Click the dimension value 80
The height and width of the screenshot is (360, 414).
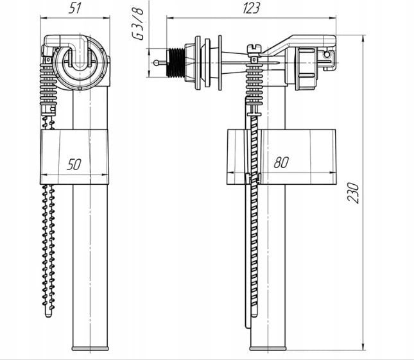coord(280,163)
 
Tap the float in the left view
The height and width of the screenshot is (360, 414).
coord(74,156)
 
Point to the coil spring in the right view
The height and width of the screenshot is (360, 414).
coord(254,82)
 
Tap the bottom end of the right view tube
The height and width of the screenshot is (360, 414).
coord(268,348)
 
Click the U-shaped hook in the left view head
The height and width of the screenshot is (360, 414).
coord(77,59)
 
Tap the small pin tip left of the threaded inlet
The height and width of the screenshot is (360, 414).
coord(157,62)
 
